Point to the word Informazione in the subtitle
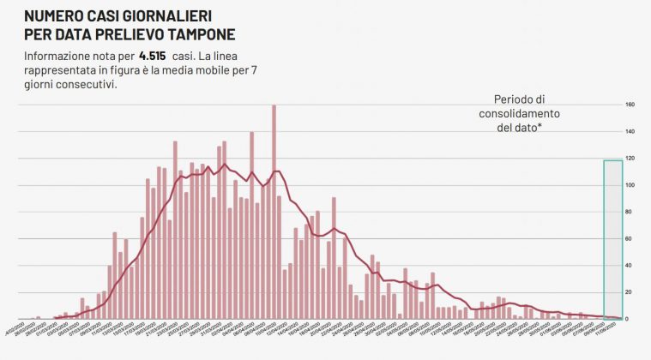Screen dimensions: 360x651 coord(58,56)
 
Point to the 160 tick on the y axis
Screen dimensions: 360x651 coord(630,105)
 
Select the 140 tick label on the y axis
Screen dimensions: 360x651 coord(630,132)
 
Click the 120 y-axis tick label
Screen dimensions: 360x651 coord(630,159)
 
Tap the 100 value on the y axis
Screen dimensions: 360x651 coord(630,185)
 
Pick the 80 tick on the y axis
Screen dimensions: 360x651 coord(629,213)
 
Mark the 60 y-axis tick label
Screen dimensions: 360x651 coord(629,239)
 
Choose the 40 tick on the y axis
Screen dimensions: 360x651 coord(629,266)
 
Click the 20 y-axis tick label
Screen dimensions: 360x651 coord(629,292)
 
